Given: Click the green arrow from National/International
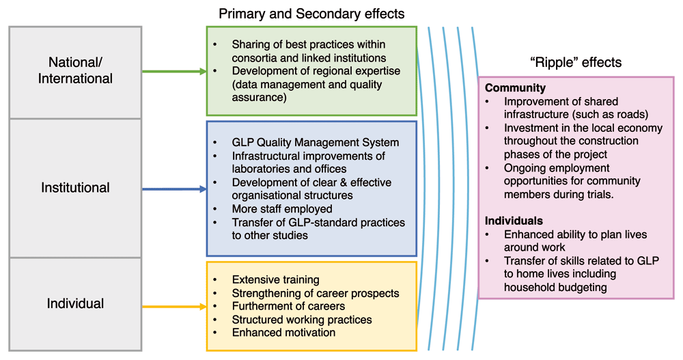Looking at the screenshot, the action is pos(174,72).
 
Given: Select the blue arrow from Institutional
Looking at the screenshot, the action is pos(174,189).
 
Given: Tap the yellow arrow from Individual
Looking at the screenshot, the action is pos(174,307).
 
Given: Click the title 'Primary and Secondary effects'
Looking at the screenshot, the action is pos(311,14).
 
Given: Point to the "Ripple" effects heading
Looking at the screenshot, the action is pos(576,62).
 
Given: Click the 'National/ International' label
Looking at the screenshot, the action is pos(75,70).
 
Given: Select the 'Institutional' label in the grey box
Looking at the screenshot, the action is pos(75,187).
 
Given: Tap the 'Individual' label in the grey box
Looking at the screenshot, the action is pos(75,303).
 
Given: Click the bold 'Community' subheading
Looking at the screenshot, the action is pos(515,88).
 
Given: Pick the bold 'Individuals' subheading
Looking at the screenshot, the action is pos(514,221).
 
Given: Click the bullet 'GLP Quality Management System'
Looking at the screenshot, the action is pos(316,143).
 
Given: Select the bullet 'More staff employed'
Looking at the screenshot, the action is pos(282,209).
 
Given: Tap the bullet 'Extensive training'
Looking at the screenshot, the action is pos(276,279).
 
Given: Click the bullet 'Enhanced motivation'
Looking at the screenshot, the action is pos(283,333).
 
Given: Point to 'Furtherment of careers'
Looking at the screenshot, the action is pos(288,306).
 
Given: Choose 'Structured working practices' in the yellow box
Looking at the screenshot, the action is pos(302,320).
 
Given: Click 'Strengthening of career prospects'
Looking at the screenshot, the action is pos(316,293).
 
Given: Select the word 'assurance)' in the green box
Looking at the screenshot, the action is pos(259,97).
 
